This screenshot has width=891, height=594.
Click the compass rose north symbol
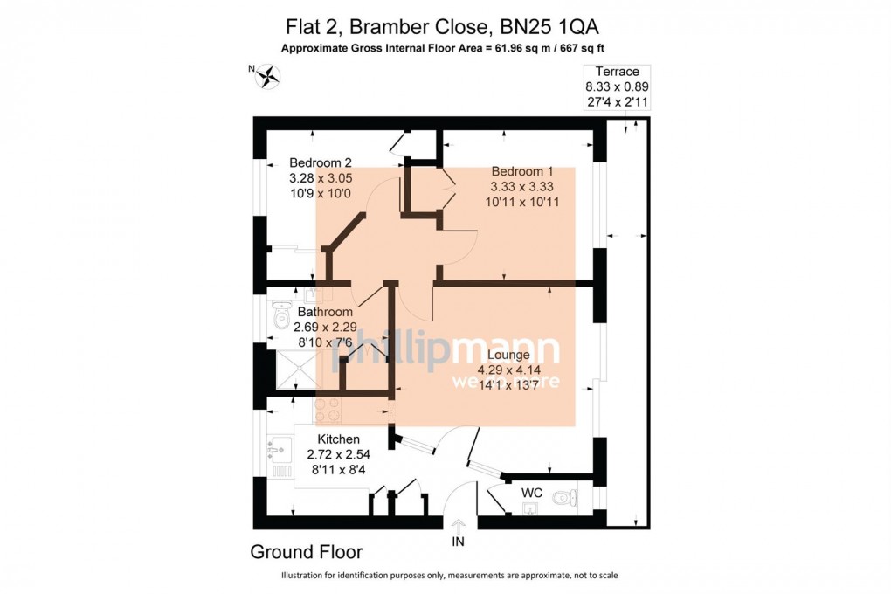(x=266, y=77)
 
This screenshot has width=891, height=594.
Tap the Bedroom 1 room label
(x=521, y=170)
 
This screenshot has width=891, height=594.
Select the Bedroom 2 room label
(x=321, y=162)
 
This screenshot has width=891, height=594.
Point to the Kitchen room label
(x=339, y=439)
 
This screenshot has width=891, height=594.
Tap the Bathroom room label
(x=325, y=312)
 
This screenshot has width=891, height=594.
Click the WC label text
(x=532, y=493)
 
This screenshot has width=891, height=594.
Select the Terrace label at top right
(x=617, y=72)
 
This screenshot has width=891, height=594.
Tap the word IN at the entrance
(x=459, y=542)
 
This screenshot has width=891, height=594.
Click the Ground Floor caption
(x=306, y=552)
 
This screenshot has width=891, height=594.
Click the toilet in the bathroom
(x=281, y=318)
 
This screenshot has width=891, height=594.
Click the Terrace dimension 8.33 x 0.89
(x=617, y=86)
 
